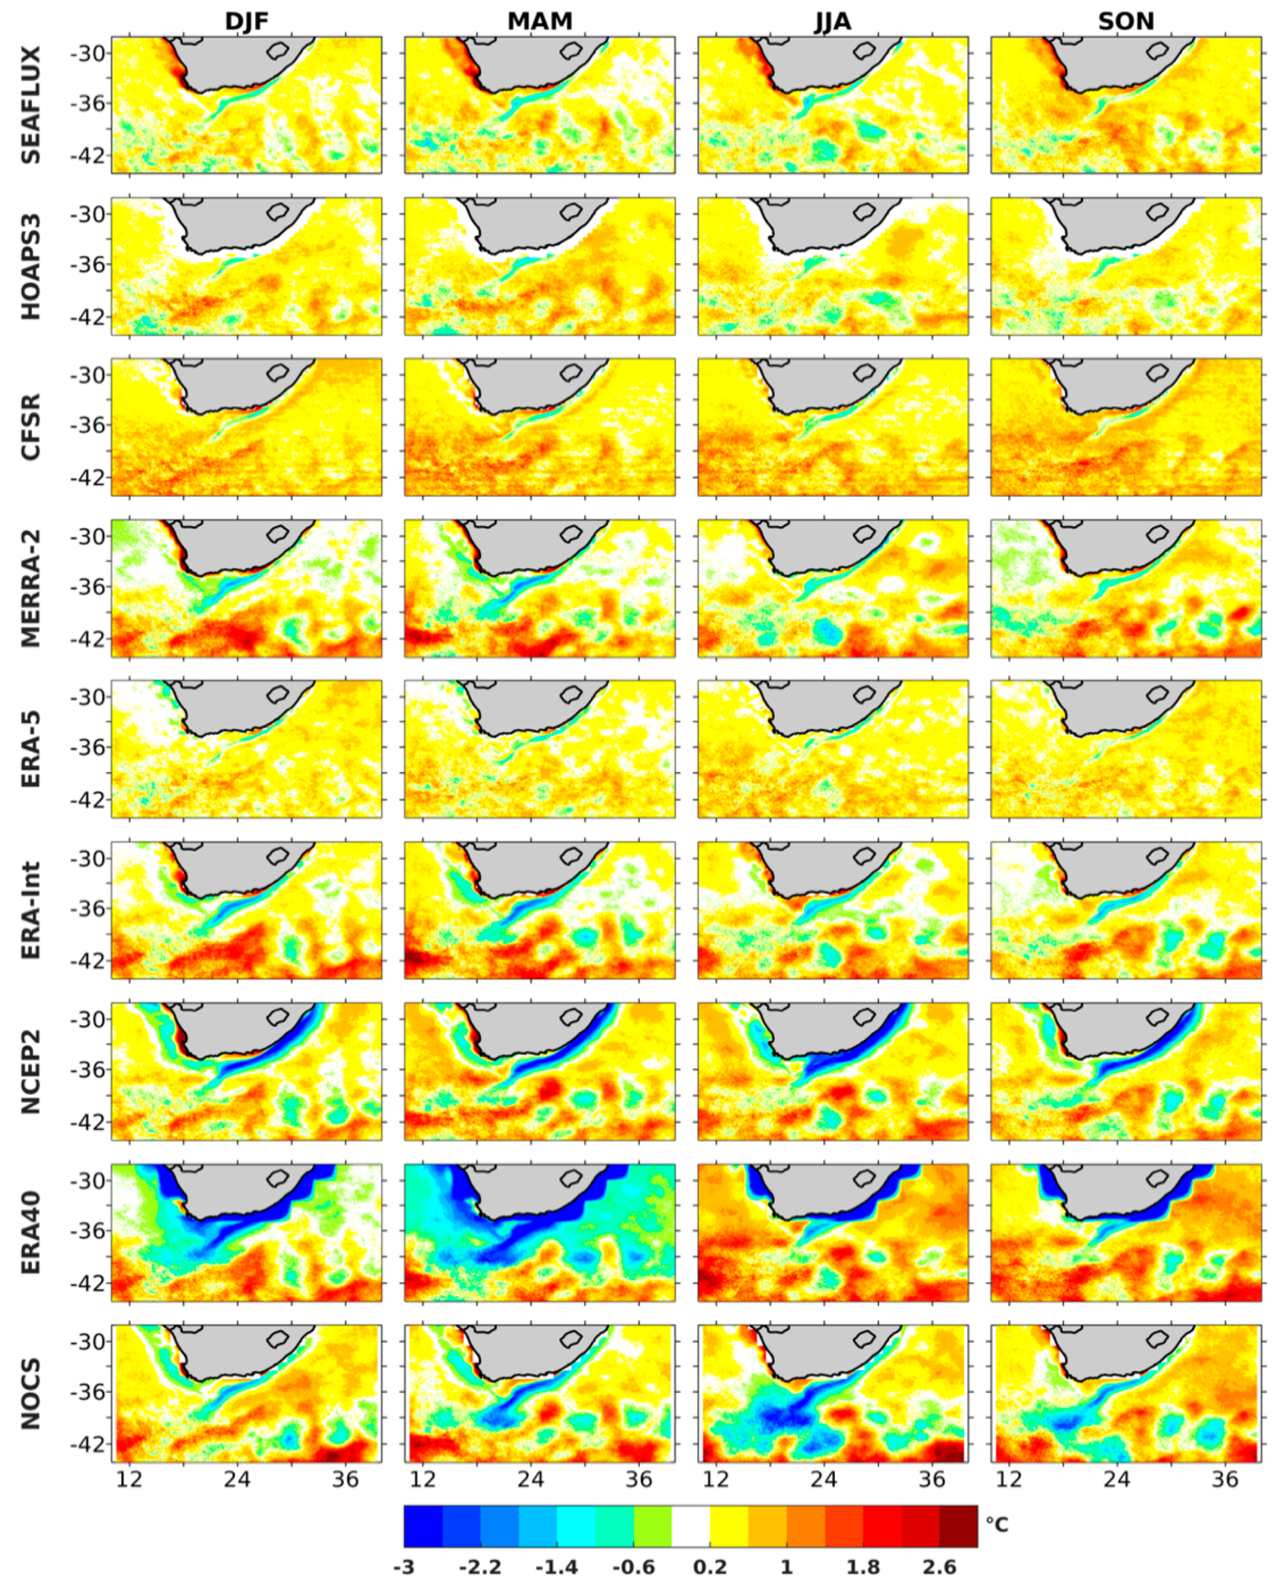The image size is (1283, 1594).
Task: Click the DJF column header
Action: (x=247, y=21)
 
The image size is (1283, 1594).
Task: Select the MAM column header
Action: (x=540, y=21)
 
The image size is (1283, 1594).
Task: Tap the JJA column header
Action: (x=833, y=21)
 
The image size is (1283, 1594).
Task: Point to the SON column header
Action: (x=1126, y=21)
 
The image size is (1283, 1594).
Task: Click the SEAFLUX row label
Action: (x=30, y=105)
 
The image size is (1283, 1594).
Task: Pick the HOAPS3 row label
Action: (x=30, y=266)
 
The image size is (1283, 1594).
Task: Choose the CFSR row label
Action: (x=30, y=428)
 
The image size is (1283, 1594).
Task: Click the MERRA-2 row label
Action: (x=30, y=589)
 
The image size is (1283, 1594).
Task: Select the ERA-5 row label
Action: (x=30, y=749)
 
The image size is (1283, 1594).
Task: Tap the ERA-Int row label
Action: (x=30, y=910)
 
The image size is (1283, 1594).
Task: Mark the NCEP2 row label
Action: (x=30, y=1071)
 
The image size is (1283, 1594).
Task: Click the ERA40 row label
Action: (x=30, y=1232)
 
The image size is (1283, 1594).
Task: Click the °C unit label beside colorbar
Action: (x=996, y=1524)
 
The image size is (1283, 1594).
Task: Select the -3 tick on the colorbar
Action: (x=404, y=1567)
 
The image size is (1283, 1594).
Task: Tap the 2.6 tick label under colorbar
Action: (x=939, y=1567)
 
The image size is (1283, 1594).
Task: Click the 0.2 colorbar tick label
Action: (x=710, y=1567)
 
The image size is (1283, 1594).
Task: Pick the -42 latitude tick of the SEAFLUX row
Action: (x=88, y=155)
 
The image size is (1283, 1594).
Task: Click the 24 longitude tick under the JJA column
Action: (x=823, y=1479)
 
